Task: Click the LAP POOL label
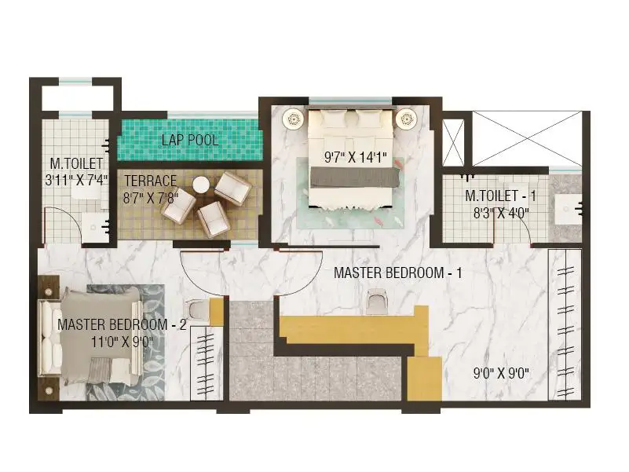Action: click(190, 140)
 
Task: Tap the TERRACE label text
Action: click(151, 181)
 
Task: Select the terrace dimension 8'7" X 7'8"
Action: click(151, 197)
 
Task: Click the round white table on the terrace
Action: click(201, 185)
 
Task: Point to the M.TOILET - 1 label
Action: click(500, 196)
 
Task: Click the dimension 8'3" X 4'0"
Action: click(501, 213)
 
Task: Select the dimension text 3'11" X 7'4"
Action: click(76, 180)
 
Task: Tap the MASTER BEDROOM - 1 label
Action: click(397, 273)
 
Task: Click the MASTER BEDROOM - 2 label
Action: click(122, 324)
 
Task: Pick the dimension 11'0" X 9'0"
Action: click(122, 342)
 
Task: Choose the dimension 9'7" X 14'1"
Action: click(356, 157)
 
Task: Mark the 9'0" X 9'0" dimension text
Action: click(501, 374)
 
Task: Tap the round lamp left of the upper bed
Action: click(294, 119)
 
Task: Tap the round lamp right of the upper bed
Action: click(406, 119)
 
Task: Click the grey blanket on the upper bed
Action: click(355, 177)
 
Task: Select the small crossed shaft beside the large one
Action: click(453, 142)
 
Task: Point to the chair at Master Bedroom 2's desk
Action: click(197, 311)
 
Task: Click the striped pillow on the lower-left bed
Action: click(99, 370)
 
